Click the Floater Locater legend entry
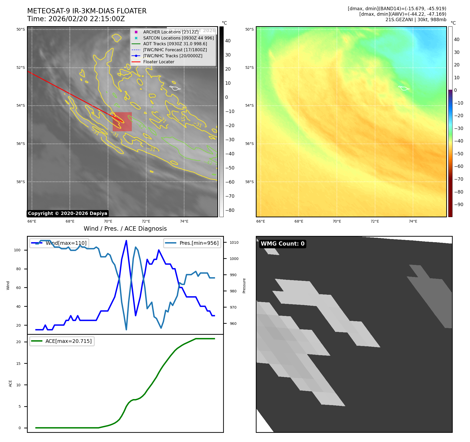[158, 62]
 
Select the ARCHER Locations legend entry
[171, 32]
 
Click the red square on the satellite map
[122, 122]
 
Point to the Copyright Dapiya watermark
[67, 213]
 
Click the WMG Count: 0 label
[282, 244]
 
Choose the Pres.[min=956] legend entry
[199, 243]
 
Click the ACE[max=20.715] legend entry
[68, 341]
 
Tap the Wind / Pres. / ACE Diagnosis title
[125, 229]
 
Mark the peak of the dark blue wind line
[126, 241]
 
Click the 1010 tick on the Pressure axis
[234, 242]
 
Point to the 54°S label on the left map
[21, 106]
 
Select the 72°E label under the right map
[375, 222]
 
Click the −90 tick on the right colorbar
[458, 205]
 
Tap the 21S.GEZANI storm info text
[416, 20]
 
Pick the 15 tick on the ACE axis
[18, 364]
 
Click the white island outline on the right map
[404, 88]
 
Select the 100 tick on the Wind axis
[17, 250]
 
